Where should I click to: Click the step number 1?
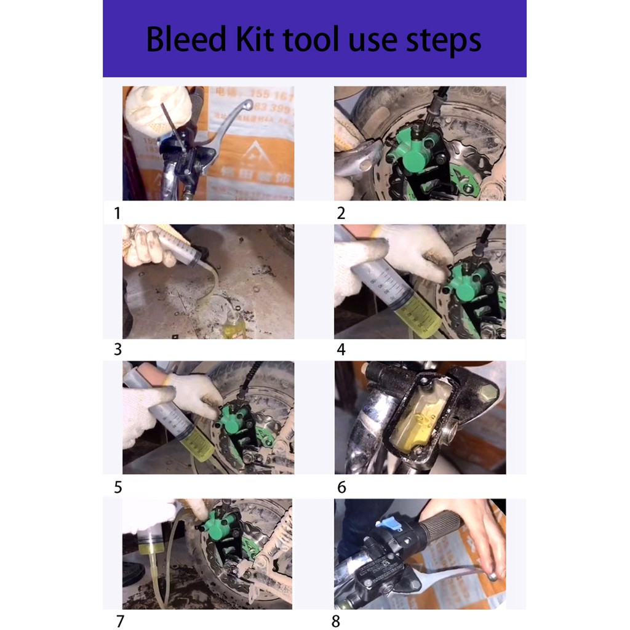(x=117, y=213)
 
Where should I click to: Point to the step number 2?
(x=341, y=213)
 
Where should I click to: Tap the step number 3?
(x=118, y=349)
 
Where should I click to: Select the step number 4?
(x=341, y=349)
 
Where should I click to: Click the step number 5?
(x=118, y=487)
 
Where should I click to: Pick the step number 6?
(x=341, y=487)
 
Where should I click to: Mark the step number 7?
(x=120, y=621)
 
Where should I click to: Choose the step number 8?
(x=335, y=621)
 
